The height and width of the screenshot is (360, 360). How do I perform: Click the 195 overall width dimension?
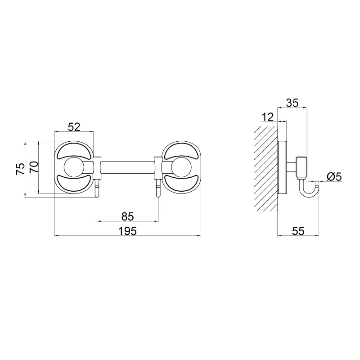pos(127,231)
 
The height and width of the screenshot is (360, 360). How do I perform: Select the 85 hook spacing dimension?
pos(128,216)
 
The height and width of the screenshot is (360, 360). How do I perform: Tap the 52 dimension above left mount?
pos(74,127)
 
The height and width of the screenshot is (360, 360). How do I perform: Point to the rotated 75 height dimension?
pos(20,169)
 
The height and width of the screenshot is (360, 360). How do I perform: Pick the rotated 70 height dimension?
pos(33,167)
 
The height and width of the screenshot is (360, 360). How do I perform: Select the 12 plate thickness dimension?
pos(268,117)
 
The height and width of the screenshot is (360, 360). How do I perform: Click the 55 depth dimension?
pos(298,231)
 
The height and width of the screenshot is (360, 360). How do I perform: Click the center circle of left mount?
pos(74,167)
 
